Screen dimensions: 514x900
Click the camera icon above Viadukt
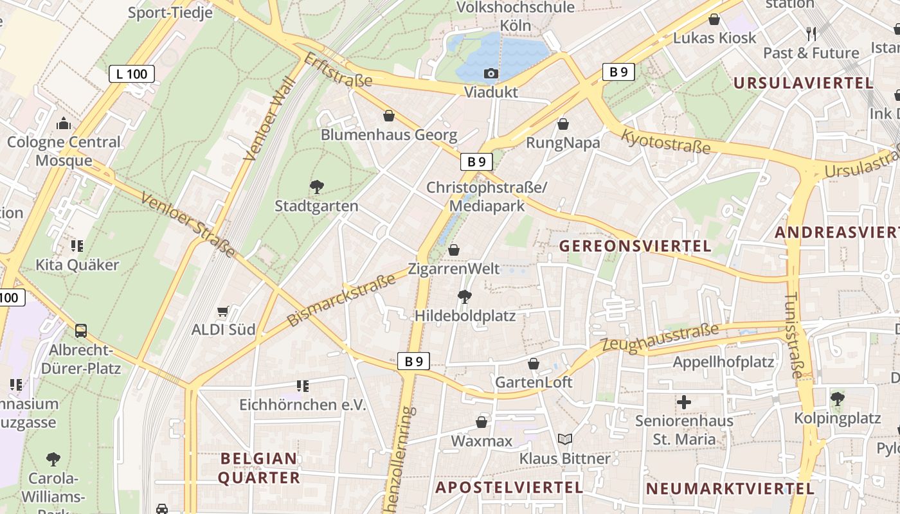click(491, 74)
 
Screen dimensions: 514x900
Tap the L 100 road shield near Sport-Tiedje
click(132, 74)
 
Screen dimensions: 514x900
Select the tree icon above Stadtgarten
click(316, 187)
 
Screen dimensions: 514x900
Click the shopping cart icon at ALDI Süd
click(222, 312)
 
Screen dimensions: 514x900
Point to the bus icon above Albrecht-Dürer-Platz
click(81, 331)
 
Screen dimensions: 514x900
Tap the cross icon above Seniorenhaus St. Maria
click(684, 403)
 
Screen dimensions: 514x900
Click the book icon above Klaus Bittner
click(565, 439)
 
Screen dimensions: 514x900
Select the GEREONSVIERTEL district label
click(635, 246)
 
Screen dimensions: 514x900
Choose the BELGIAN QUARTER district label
click(259, 468)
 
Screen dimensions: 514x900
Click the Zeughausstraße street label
click(660, 339)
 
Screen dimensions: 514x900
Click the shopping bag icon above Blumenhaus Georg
click(389, 116)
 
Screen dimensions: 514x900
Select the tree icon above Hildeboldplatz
click(464, 297)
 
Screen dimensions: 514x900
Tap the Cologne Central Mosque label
click(64, 151)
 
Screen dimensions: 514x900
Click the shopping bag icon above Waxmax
click(482, 422)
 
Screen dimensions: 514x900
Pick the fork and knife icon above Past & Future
click(811, 34)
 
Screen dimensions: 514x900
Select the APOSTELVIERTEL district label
click(509, 488)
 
